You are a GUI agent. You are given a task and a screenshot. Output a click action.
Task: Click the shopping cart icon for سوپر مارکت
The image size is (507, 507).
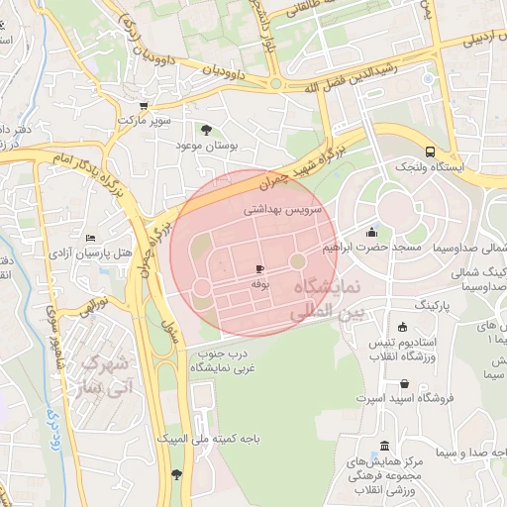tap(144, 106)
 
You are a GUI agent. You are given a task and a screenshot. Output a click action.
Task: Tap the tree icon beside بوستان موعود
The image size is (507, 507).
tap(206, 130)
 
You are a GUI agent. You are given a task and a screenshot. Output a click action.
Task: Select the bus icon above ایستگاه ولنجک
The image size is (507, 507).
tap(429, 152)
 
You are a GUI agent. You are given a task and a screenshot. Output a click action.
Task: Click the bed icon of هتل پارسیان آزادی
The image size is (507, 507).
tap(91, 239)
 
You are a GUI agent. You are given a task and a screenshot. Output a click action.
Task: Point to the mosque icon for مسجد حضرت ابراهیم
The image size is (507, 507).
tap(371, 232)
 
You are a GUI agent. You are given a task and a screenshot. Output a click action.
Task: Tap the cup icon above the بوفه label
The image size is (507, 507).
tap(259, 268)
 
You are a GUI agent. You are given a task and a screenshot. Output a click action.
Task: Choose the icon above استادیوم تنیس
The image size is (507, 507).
tap(401, 328)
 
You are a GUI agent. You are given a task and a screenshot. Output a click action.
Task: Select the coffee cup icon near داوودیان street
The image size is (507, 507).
tap(274, 85)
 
